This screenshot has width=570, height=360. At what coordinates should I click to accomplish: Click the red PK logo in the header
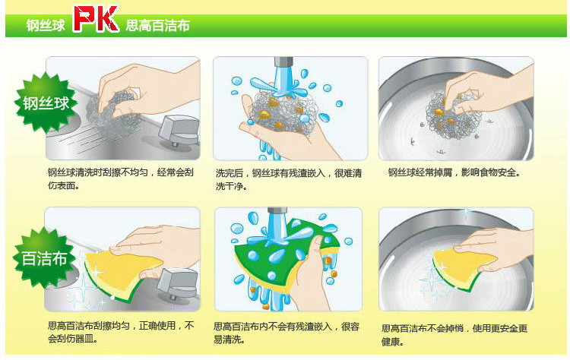coord(96,18)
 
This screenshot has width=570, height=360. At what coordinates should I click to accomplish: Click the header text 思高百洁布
coord(158,25)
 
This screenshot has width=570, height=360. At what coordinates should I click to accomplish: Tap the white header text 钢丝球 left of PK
coord(46,25)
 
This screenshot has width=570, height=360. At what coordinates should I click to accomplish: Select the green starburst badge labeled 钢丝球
coord(46,103)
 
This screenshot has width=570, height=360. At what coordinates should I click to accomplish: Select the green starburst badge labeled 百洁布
coord(44,258)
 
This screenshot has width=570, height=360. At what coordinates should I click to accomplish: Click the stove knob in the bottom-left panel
coord(178,283)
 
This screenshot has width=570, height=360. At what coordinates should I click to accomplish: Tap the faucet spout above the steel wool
coord(283,62)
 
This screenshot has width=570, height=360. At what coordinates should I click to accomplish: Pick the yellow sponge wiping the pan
coord(463,268)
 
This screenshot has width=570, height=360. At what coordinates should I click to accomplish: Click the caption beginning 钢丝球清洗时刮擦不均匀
coord(121,178)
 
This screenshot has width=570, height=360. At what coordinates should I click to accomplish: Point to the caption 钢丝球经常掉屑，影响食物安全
coord(454,172)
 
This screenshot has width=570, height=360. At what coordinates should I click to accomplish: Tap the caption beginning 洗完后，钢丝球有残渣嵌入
coord(289,179)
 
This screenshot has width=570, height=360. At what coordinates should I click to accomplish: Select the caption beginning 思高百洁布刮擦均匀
coord(121,332)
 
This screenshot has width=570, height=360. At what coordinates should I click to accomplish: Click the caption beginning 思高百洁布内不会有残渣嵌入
coord(287,333)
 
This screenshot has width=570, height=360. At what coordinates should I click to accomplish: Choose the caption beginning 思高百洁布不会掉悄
coord(454,335)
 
